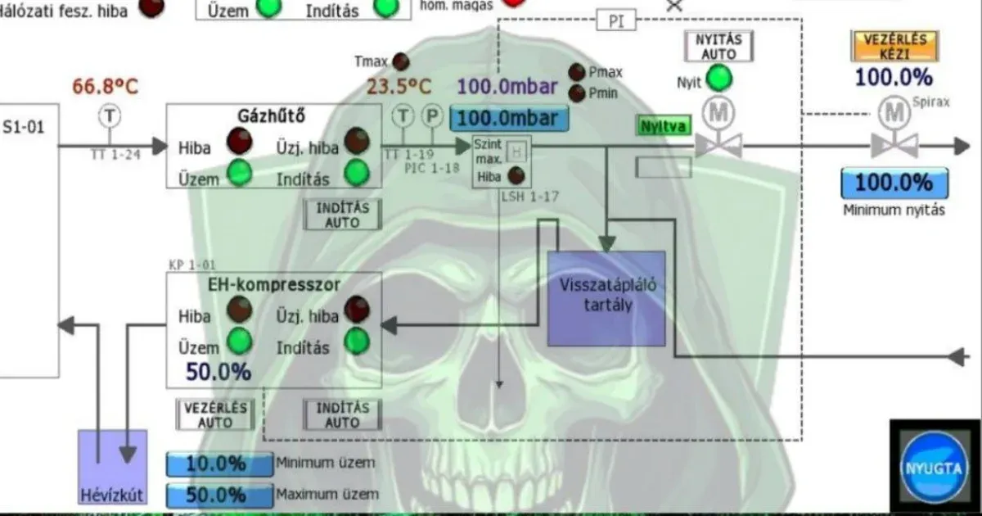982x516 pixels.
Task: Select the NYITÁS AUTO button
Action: [x=718, y=46]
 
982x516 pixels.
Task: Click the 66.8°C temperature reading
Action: [x=106, y=86]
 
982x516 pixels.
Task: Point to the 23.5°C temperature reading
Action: [x=399, y=87]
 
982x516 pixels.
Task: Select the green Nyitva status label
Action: [x=664, y=126]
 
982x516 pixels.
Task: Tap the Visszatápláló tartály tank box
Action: [x=606, y=298]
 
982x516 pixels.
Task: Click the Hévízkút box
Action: [x=112, y=467]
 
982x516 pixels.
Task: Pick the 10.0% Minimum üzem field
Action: [x=219, y=464]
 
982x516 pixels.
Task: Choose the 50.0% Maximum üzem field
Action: [x=219, y=496]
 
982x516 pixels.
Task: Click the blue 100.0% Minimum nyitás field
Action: [x=894, y=183]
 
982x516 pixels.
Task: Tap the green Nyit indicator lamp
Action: [x=719, y=79]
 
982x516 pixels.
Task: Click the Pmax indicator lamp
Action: [x=577, y=72]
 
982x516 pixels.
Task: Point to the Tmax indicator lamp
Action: [x=401, y=61]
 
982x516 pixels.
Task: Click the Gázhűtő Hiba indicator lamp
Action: [x=238, y=142]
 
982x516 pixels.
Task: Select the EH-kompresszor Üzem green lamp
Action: [x=238, y=341]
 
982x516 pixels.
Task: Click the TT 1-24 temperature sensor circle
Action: [x=108, y=115]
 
